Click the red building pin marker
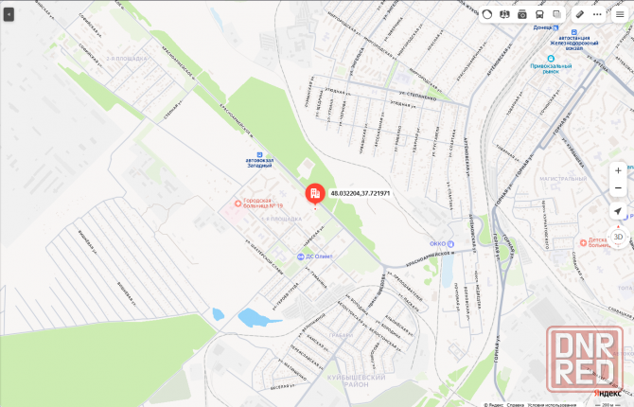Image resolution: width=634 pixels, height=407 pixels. [313, 194]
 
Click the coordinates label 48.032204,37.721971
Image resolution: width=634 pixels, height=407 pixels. [361, 193]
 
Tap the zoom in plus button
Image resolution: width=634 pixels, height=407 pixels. [618, 169]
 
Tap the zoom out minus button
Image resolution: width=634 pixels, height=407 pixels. [618, 187]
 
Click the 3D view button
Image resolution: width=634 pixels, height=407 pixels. [618, 237]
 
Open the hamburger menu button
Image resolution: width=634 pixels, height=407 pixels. [620, 14]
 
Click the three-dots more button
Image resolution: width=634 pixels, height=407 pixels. [598, 14]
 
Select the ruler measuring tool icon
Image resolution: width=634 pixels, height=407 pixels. [579, 14]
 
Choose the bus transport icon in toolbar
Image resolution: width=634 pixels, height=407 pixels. [539, 14]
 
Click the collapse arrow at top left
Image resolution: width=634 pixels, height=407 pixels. [9, 15]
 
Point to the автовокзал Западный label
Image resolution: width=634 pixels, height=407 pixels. [259, 162]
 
